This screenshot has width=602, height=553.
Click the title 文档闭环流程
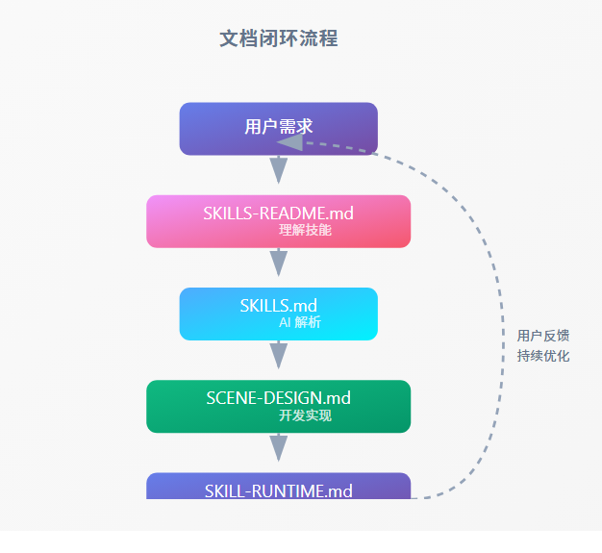[278, 39]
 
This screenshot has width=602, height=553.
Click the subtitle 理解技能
[305, 231]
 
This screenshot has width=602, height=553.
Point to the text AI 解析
[300, 323]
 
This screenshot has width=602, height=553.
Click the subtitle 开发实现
[305, 415]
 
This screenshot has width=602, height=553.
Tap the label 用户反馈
[543, 336]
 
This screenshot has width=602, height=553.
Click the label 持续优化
[543, 356]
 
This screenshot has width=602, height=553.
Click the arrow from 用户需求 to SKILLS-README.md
[279, 171]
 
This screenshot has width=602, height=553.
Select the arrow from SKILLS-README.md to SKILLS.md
[279, 264]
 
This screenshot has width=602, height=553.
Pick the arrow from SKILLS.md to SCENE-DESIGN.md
[279, 356]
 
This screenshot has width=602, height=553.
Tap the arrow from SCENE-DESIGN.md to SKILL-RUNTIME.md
[279, 448]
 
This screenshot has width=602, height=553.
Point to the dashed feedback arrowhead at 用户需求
[289, 141]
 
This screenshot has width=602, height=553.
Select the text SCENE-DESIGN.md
[278, 397]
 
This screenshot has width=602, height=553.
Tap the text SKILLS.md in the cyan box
[278, 306]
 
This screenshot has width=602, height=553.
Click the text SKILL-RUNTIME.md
[278, 491]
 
